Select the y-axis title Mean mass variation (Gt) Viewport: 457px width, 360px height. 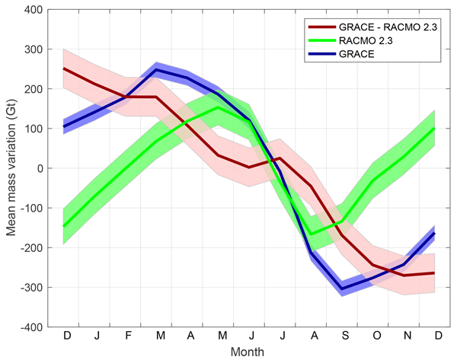(14, 169)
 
